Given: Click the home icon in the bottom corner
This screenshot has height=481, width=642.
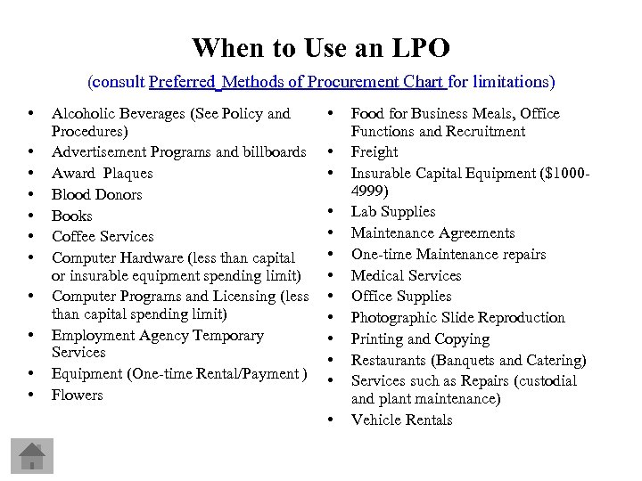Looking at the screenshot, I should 32,456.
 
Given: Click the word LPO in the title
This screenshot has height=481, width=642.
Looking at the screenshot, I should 418,47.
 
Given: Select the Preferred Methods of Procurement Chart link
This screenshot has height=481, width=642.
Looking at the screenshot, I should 297,82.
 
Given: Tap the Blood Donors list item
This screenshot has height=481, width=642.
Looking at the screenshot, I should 96,194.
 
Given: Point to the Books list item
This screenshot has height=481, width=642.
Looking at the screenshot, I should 71,216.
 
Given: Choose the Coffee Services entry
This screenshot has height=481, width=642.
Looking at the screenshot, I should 103,237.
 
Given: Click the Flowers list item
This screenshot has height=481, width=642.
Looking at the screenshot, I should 77,395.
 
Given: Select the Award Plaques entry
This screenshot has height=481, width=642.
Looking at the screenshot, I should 102,173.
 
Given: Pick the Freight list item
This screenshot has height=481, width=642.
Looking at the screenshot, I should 374,151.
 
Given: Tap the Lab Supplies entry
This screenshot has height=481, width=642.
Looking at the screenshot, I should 393,212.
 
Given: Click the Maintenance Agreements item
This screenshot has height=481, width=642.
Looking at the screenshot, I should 432,233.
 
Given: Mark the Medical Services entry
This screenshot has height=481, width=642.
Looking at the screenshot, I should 406,275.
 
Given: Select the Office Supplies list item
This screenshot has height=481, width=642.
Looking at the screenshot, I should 401,297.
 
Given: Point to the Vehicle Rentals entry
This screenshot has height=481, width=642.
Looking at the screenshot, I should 401,420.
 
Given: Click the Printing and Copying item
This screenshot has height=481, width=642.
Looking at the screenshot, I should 420,339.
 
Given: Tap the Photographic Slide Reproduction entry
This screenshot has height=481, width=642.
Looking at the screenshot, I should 457,318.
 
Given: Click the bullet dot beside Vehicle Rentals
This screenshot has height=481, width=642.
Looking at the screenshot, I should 331,419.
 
